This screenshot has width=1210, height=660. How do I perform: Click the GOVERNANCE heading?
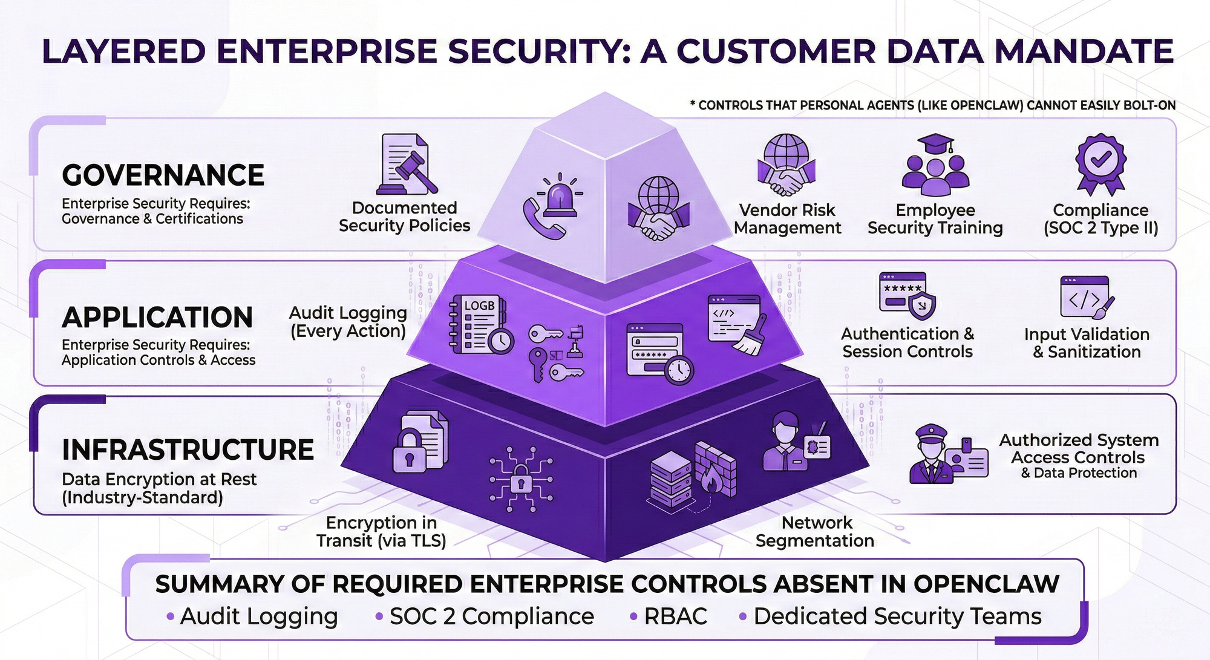click(x=163, y=175)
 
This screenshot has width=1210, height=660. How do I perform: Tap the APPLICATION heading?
click(x=157, y=318)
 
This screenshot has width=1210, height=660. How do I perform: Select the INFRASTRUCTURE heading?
click(x=188, y=450)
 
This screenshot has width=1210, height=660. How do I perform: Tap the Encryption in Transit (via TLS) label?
click(x=381, y=532)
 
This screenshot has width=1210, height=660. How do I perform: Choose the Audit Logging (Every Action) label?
click(x=348, y=322)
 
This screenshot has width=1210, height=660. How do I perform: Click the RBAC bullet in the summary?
click(x=675, y=616)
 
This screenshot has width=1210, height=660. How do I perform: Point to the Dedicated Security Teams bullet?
click(x=897, y=616)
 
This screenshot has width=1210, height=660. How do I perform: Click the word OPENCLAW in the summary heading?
click(x=986, y=584)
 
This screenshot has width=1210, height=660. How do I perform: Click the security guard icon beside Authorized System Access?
click(x=932, y=454)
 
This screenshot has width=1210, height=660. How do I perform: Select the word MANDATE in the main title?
click(x=1084, y=51)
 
